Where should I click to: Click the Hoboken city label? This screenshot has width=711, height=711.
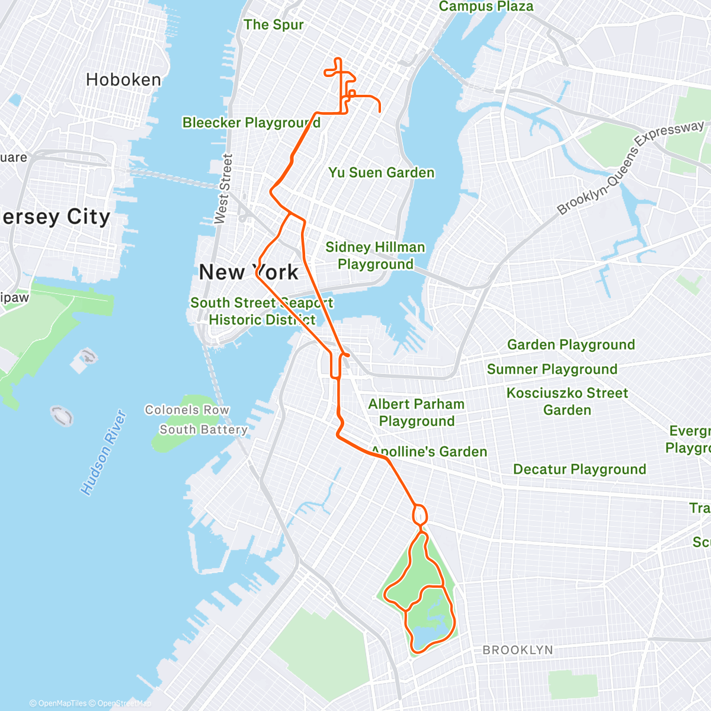point(123,80)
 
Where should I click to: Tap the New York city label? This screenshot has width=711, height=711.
point(249,273)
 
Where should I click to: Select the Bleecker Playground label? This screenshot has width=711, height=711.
point(251,123)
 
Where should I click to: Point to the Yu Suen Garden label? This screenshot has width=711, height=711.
point(382,172)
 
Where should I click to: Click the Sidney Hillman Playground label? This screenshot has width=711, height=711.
point(375,255)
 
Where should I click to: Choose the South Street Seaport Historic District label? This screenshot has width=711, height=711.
point(261,311)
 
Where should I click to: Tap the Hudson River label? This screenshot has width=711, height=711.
point(104,453)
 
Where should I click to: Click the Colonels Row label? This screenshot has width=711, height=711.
point(187,410)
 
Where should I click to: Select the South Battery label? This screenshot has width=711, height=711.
point(203,430)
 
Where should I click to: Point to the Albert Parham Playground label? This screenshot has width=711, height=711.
point(417,412)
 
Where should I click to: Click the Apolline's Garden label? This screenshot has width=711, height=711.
point(429,451)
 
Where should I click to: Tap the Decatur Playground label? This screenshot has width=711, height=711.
point(579,469)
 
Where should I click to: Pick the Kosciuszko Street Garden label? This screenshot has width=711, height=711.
point(567,401)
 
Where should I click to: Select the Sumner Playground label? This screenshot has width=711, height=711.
point(552,369)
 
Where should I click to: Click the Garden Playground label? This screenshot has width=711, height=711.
point(571,344)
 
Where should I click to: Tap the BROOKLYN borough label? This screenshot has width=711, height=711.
point(517,650)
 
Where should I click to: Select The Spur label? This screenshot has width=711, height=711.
point(273,25)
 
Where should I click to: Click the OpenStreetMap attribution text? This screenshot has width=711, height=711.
point(124,703)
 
